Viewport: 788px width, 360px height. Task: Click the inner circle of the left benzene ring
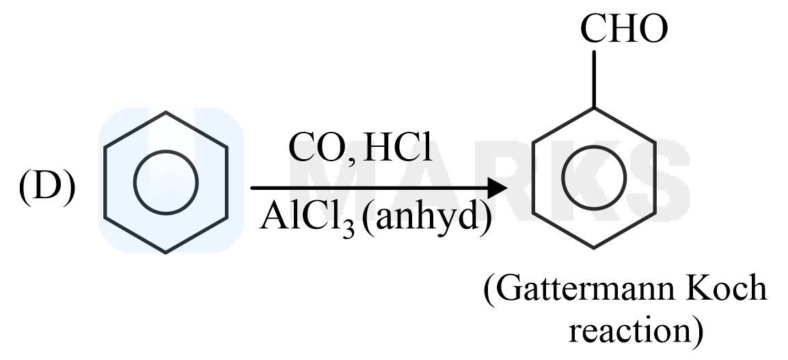click(165, 182)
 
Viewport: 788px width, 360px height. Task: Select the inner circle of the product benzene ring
click(594, 176)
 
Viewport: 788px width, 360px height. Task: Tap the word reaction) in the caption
click(635, 331)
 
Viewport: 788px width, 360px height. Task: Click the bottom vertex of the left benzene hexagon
click(165, 253)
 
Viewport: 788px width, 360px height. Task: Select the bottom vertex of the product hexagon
click(594, 247)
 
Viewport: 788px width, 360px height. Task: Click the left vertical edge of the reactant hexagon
click(105, 182)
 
